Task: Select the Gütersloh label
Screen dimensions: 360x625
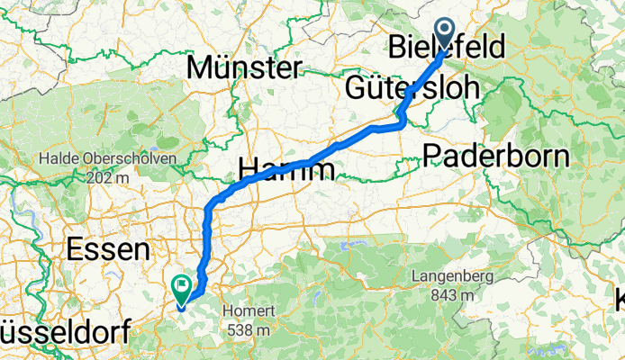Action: click(406, 90)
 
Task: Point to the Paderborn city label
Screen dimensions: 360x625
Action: click(496, 156)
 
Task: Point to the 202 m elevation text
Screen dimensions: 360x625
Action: click(107, 176)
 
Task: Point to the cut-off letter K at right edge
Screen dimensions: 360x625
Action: click(620, 299)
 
